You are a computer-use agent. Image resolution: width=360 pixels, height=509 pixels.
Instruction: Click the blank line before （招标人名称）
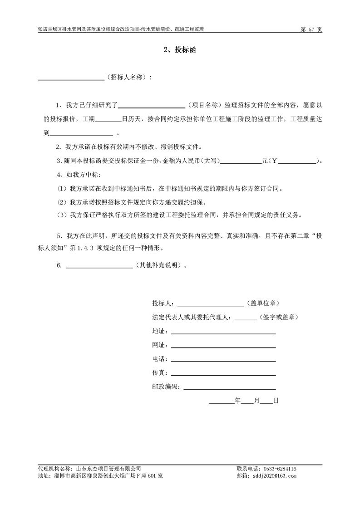pos(70,79)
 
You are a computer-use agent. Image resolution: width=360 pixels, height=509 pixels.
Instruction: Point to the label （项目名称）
pos(203,105)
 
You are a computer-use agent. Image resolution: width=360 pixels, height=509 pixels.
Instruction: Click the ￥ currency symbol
pos(274,160)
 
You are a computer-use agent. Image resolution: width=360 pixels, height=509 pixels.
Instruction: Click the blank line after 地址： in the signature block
pos(223,333)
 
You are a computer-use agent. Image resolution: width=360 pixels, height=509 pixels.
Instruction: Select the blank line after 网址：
pos(223,347)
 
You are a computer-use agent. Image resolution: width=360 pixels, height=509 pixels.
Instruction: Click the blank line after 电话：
pos(223,362)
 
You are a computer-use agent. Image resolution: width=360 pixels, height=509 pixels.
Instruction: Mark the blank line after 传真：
pos(223,376)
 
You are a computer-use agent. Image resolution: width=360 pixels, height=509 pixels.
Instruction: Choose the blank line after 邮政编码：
pos(230,389)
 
